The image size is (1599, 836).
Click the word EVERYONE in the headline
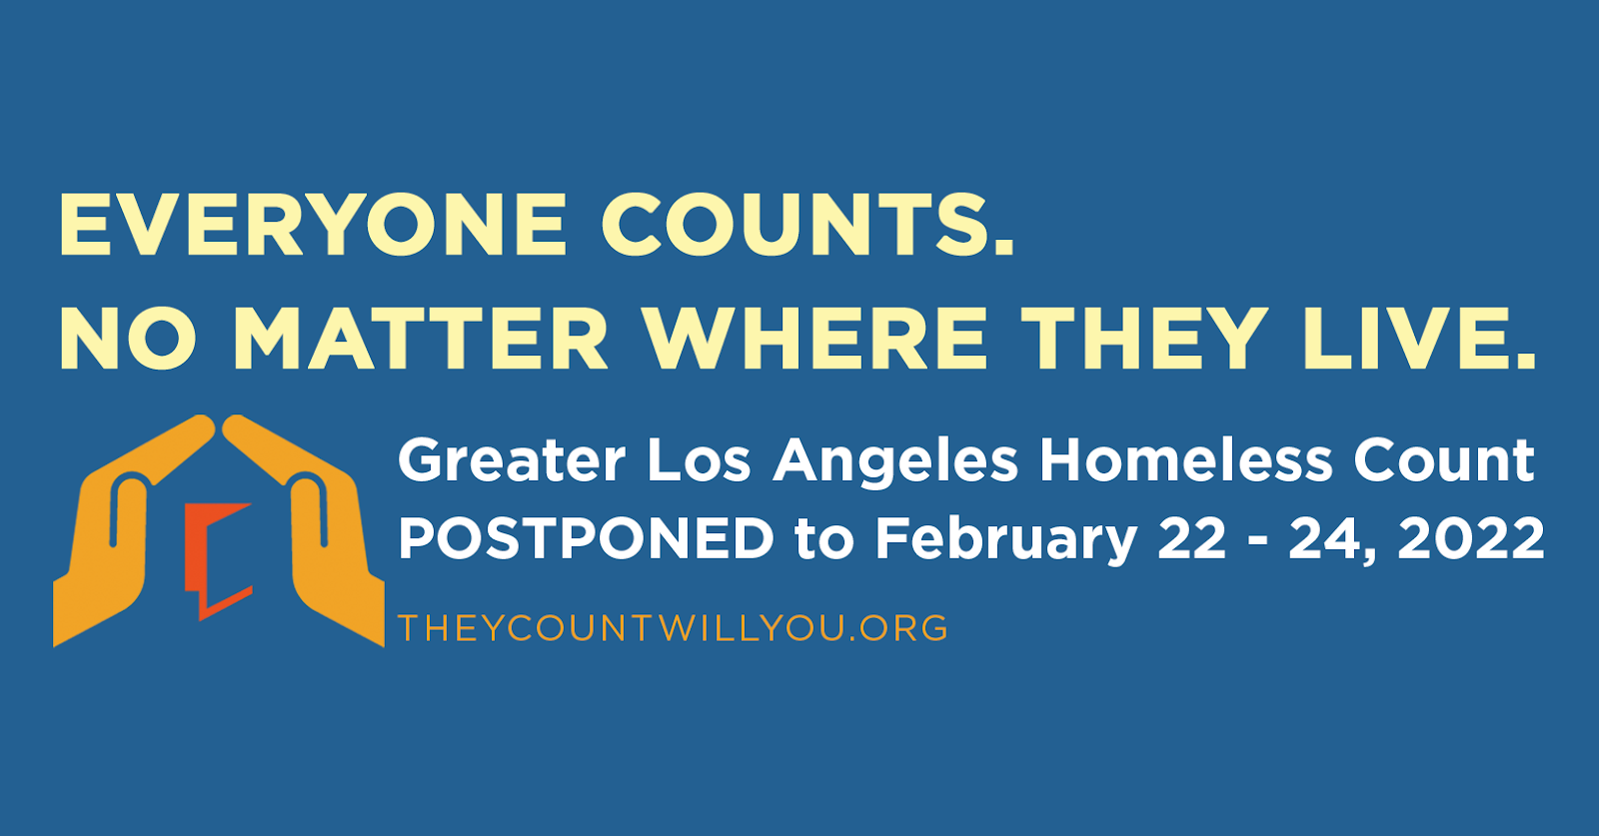pyautogui.click(x=314, y=225)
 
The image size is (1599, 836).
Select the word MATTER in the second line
pyautogui.click(x=421, y=339)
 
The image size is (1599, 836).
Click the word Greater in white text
pyautogui.click(x=512, y=460)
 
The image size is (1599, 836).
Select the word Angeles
pyautogui.click(x=895, y=462)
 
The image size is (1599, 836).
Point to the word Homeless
pyautogui.click(x=1186, y=460)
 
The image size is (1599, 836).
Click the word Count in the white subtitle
pyautogui.click(x=1443, y=460)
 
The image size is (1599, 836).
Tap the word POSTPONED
pyautogui.click(x=587, y=538)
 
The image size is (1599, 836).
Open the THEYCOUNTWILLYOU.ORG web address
pyautogui.click(x=673, y=627)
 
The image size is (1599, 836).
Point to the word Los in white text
pyautogui.click(x=699, y=460)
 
